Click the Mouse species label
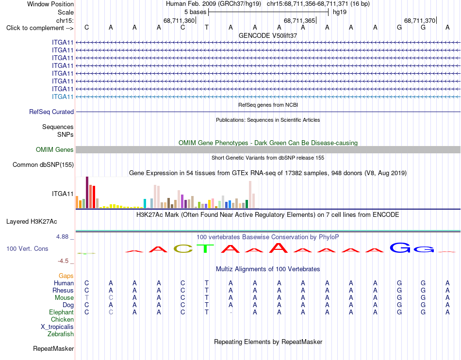pyautogui.click(x=64, y=298)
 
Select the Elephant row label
pyautogui.click(x=61, y=312)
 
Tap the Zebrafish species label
pyautogui.click(x=61, y=334)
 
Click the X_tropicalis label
pyautogui.click(x=57, y=327)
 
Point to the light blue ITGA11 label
pyautogui.click(x=63, y=97)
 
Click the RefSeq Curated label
pyautogui.click(x=51, y=112)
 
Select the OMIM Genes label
pyautogui.click(x=55, y=149)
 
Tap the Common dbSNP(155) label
pyautogui.click(x=43, y=164)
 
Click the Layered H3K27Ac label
pyautogui.click(x=32, y=222)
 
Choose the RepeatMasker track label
pyautogui.click(x=53, y=348)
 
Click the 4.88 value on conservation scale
pyautogui.click(x=62, y=237)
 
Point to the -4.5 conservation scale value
pyautogui.click(x=63, y=261)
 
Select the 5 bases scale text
pyautogui.click(x=195, y=12)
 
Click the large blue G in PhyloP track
pyautogui.click(x=400, y=248)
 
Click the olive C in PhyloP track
pyautogui.click(x=183, y=249)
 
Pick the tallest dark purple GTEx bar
pyautogui.click(x=87, y=193)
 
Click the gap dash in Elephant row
pyautogui.click(x=231, y=312)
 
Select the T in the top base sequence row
pyautogui.click(x=207, y=28)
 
